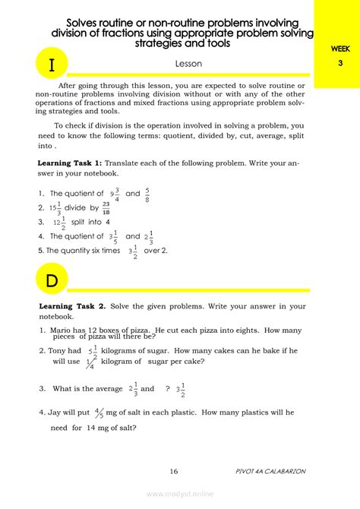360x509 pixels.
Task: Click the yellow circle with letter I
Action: point(52,65)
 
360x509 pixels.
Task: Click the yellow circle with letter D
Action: point(52,280)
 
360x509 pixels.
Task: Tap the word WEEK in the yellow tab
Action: point(340,49)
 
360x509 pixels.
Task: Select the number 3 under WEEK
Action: point(340,63)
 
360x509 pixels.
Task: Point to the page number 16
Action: point(174,471)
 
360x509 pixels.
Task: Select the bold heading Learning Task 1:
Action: point(69,163)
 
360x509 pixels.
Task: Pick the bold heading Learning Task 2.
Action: point(71,305)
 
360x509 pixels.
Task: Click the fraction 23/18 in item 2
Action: point(106,207)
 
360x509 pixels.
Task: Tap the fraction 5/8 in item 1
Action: point(147,193)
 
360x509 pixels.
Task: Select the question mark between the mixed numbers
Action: point(167,388)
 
